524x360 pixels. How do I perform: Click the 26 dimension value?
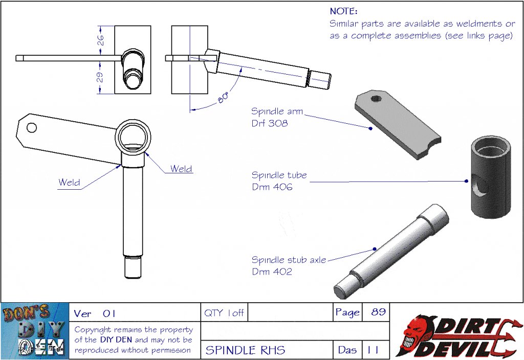[x=100, y=39]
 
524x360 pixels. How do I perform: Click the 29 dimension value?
[x=100, y=77]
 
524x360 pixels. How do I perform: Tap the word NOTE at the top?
[x=343, y=11]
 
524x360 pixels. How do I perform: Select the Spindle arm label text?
[x=277, y=111]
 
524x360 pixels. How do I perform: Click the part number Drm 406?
[x=272, y=187]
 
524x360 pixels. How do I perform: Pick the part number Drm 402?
[x=272, y=272]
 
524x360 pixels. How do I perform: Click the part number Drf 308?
[x=269, y=123]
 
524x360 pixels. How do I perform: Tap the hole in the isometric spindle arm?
[x=376, y=99]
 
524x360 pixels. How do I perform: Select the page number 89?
[x=378, y=312]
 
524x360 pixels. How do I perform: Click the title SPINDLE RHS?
[x=246, y=351]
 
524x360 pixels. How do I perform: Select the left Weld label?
[x=69, y=182]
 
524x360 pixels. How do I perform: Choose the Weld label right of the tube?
[x=181, y=169]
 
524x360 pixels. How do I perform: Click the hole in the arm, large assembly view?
[x=32, y=127]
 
